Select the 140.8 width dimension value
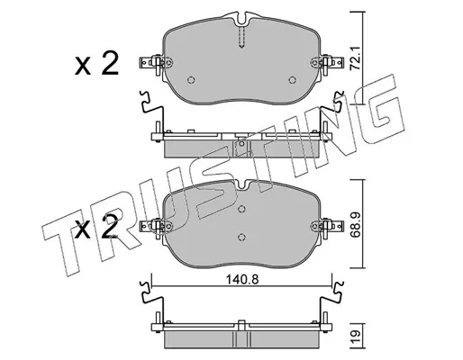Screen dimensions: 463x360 (242, 279)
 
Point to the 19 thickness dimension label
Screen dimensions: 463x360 (356, 334)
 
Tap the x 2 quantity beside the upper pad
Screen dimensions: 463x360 (96, 63)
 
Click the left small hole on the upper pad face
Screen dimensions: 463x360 (191, 80)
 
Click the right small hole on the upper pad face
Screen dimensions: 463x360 (292, 80)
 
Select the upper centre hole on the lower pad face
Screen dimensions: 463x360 (241, 209)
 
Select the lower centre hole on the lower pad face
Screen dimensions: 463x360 (241, 238)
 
